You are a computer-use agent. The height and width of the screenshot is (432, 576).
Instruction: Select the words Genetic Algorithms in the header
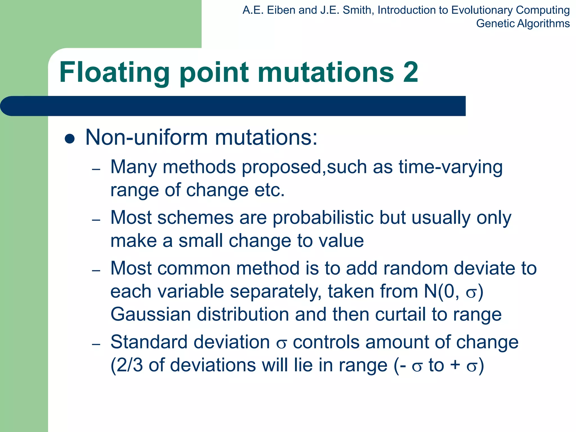(x=523, y=24)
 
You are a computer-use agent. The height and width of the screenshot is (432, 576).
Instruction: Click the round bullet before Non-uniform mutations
(x=69, y=139)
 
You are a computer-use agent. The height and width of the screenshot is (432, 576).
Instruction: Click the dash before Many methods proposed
(x=96, y=169)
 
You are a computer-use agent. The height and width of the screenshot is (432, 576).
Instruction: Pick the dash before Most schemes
(x=96, y=220)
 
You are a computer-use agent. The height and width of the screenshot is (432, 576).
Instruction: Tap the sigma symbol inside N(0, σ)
(x=471, y=293)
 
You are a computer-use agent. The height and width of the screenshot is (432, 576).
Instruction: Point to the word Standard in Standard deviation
(x=149, y=342)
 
